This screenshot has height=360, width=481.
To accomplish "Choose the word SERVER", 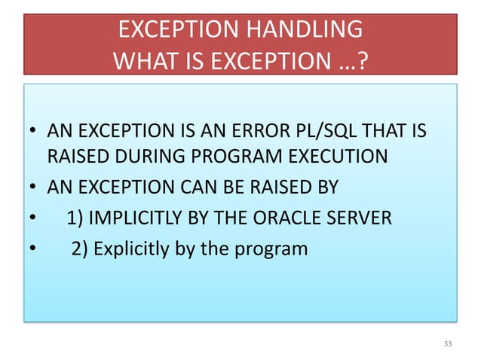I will click(364, 218).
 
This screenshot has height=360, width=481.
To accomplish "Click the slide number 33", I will click(448, 344).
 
